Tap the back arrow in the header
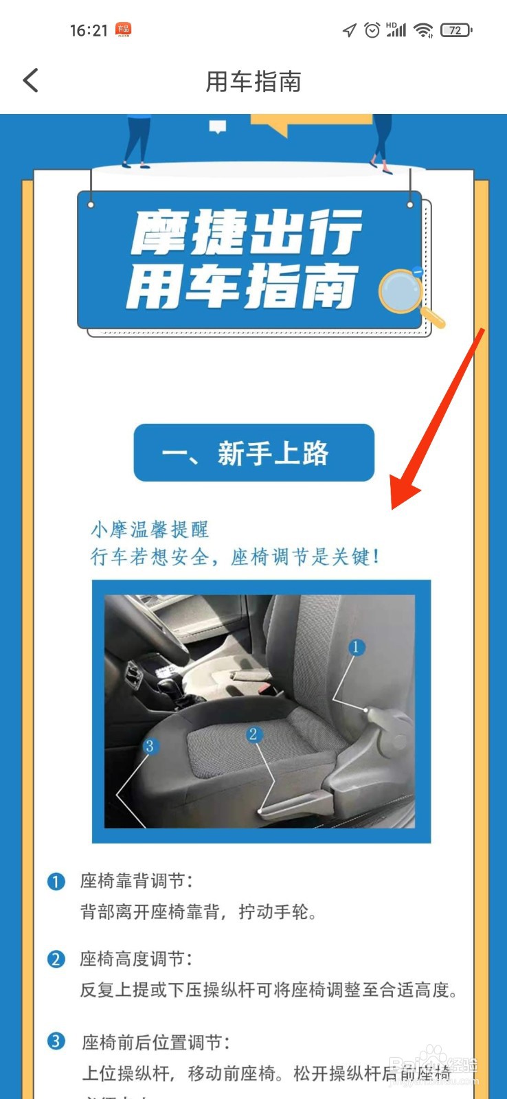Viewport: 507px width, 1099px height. [x=31, y=80]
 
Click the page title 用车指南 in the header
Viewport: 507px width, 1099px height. [x=253, y=82]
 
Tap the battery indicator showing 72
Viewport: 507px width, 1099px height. [x=455, y=30]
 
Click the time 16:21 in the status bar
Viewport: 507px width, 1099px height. [x=89, y=30]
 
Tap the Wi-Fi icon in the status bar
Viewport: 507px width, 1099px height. [x=423, y=30]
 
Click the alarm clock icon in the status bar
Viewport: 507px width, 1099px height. [x=372, y=30]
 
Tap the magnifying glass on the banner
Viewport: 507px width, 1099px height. [x=403, y=291]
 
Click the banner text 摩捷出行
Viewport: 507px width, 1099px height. [x=246, y=232]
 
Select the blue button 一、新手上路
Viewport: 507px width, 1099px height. [x=253, y=453]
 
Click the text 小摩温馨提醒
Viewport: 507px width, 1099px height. [x=150, y=529]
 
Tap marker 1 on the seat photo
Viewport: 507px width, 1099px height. [x=356, y=646]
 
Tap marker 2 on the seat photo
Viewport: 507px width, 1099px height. [x=253, y=734]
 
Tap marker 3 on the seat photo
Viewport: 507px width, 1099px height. [x=149, y=746]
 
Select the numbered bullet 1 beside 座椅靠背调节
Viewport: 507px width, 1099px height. [x=56, y=881]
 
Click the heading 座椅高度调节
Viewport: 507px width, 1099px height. [x=136, y=959]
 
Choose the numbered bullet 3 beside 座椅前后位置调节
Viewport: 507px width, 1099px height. [x=56, y=1041]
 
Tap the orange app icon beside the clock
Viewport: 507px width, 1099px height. [x=124, y=29]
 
